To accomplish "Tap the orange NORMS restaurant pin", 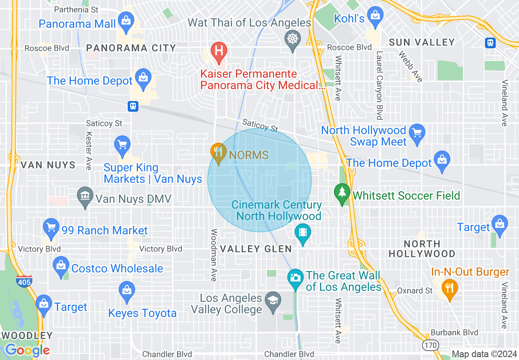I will [x=219, y=153].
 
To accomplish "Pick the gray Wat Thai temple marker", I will [x=292, y=40].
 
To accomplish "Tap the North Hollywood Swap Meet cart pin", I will [x=417, y=133].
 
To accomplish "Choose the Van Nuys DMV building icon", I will [x=85, y=196].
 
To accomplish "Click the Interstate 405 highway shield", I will [x=23, y=281].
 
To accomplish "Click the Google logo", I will [x=27, y=350].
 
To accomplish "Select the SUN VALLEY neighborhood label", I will [x=422, y=42].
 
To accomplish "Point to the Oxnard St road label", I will [x=415, y=291].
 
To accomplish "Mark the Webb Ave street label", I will [x=410, y=67].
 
